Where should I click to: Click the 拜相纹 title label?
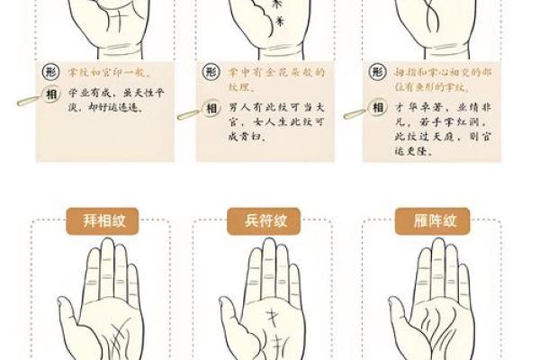point(94,220)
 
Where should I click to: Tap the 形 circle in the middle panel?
point(211,72)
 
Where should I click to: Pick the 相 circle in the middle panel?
point(211,109)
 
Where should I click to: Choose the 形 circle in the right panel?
point(377,72)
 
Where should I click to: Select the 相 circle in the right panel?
point(377,109)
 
